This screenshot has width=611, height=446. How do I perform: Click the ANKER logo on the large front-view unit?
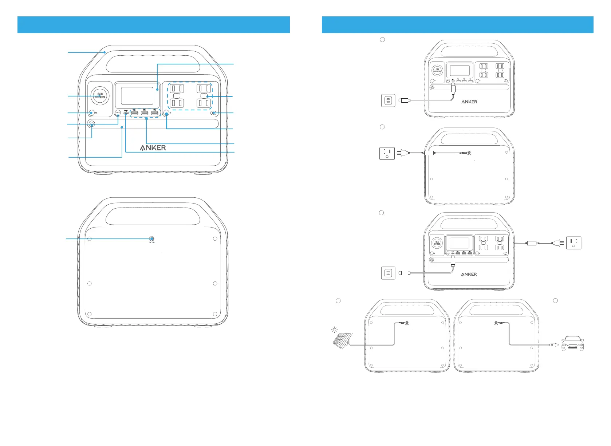click(153, 148)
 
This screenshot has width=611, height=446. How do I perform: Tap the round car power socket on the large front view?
click(100, 96)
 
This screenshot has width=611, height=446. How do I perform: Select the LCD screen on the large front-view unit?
click(137, 96)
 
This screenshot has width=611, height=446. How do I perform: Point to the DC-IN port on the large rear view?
click(151, 239)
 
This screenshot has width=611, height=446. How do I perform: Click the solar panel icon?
click(343, 339)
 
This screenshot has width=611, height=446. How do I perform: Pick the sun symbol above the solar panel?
click(334, 330)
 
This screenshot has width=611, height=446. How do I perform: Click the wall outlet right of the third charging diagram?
click(573, 243)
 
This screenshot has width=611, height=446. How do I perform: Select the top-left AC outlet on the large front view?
click(177, 88)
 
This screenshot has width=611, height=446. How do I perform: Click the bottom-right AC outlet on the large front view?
click(204, 103)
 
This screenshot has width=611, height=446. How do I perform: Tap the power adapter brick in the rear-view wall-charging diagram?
click(429, 153)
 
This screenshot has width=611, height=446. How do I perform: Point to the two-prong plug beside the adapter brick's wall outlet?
click(401, 153)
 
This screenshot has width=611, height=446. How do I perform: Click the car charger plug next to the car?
click(554, 344)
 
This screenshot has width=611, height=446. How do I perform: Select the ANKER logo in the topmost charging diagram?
click(469, 102)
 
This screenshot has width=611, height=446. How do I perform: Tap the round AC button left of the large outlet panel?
click(167, 113)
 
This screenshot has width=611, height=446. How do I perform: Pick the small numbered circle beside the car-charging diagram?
click(555, 301)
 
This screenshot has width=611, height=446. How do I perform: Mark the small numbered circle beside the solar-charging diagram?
click(338, 301)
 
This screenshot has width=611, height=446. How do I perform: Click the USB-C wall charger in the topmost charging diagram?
click(388, 100)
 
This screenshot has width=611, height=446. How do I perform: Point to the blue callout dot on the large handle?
click(105, 52)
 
